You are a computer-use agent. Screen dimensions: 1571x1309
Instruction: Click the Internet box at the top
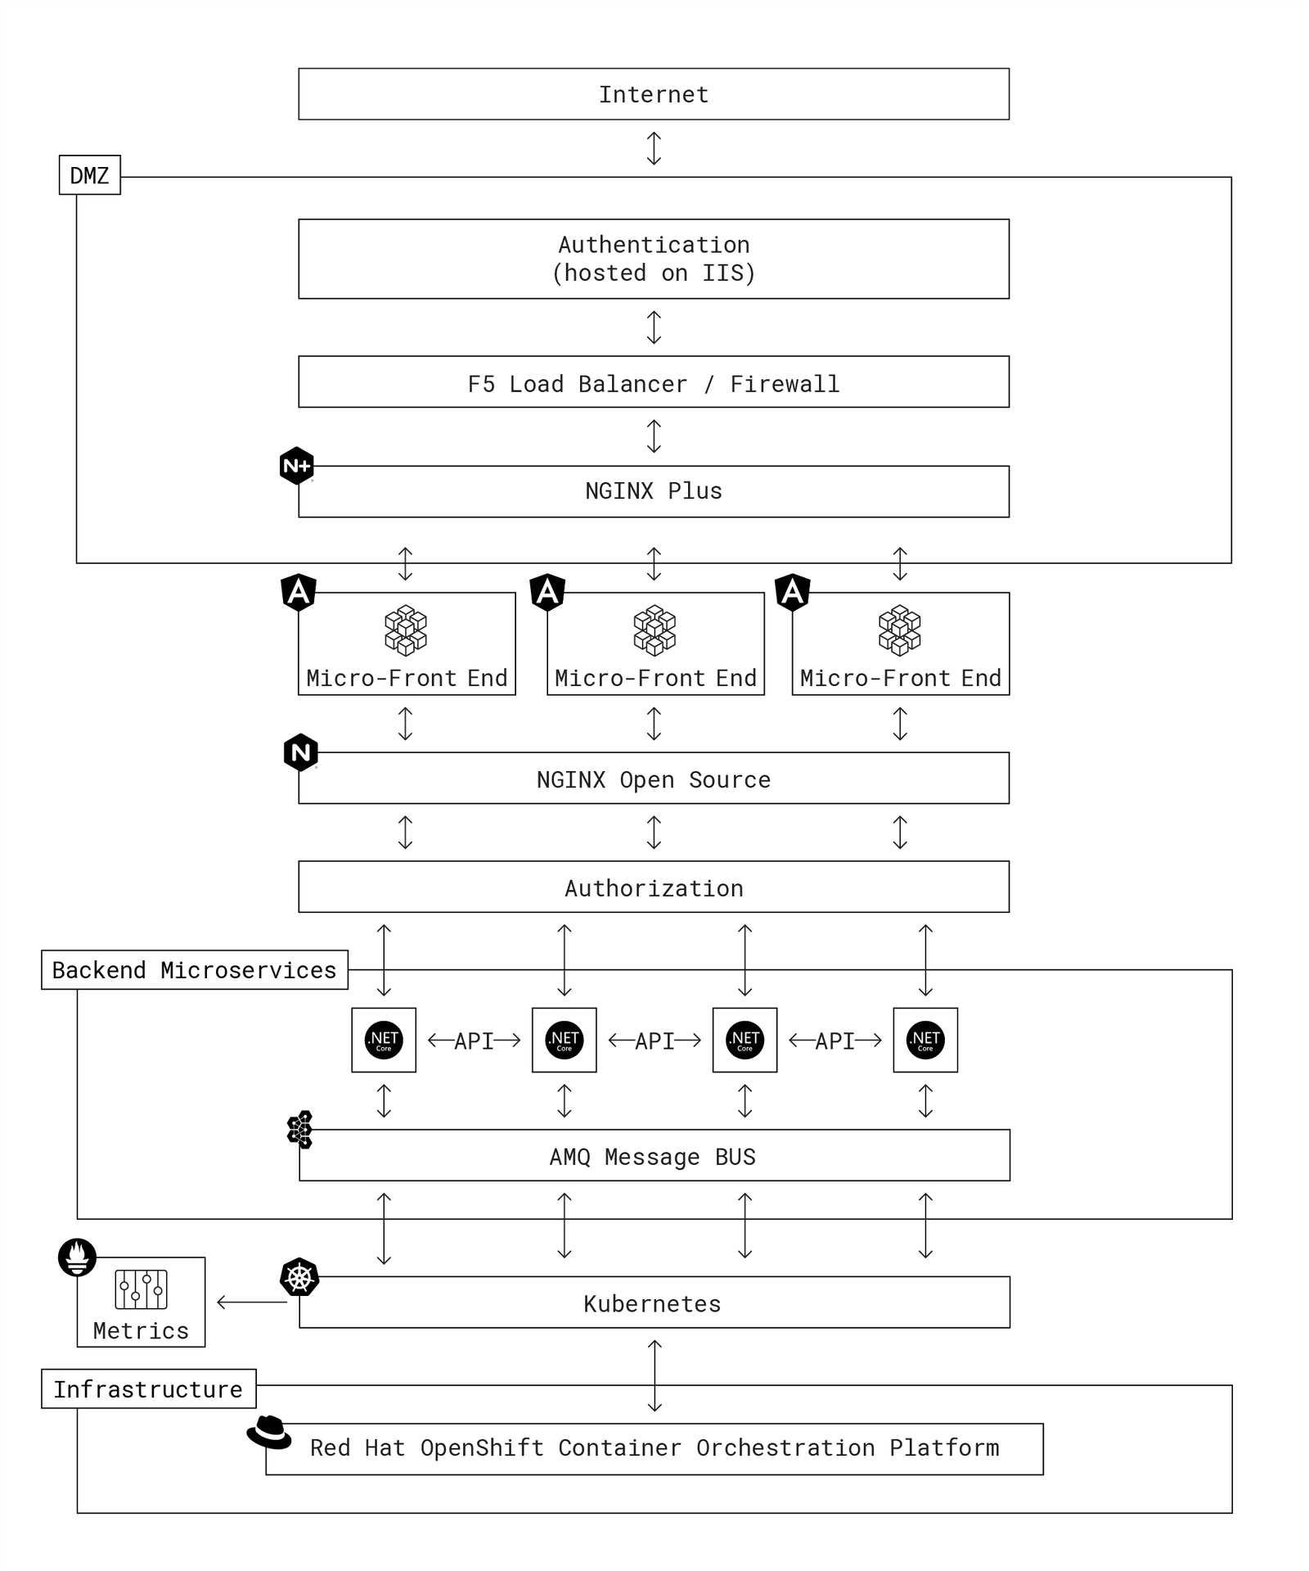click(x=653, y=94)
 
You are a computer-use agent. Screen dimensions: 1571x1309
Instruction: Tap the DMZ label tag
click(x=89, y=175)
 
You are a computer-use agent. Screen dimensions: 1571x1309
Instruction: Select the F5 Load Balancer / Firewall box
click(x=653, y=382)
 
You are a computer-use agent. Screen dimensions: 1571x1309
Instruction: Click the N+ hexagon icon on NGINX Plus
click(x=296, y=466)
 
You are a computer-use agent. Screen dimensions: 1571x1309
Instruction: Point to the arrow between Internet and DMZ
click(x=654, y=148)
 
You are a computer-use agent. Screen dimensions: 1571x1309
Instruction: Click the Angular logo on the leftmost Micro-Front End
click(x=299, y=591)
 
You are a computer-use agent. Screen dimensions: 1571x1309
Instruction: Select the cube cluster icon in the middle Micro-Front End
click(x=654, y=630)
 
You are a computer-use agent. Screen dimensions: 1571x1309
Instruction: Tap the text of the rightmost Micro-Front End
click(x=900, y=678)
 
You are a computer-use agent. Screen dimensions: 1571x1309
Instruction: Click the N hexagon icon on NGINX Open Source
click(x=300, y=752)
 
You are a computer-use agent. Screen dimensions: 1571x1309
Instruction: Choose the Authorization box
click(x=653, y=887)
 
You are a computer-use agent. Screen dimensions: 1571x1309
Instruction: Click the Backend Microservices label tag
click(x=194, y=969)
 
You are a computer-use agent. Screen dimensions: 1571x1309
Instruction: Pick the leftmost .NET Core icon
click(x=384, y=1040)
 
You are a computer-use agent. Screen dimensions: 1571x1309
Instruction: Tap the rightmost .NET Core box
click(x=925, y=1040)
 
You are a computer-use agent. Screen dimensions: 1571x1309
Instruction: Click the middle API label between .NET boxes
click(x=654, y=1041)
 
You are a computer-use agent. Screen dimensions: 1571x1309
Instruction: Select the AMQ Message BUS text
click(x=652, y=1157)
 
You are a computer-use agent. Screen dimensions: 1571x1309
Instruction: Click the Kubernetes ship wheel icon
click(x=299, y=1277)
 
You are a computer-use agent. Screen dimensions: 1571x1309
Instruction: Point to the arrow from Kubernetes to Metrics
click(x=251, y=1302)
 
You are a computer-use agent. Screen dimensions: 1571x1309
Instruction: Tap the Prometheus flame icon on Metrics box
click(x=78, y=1257)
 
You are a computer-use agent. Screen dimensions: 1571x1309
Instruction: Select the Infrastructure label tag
click(x=148, y=1389)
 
